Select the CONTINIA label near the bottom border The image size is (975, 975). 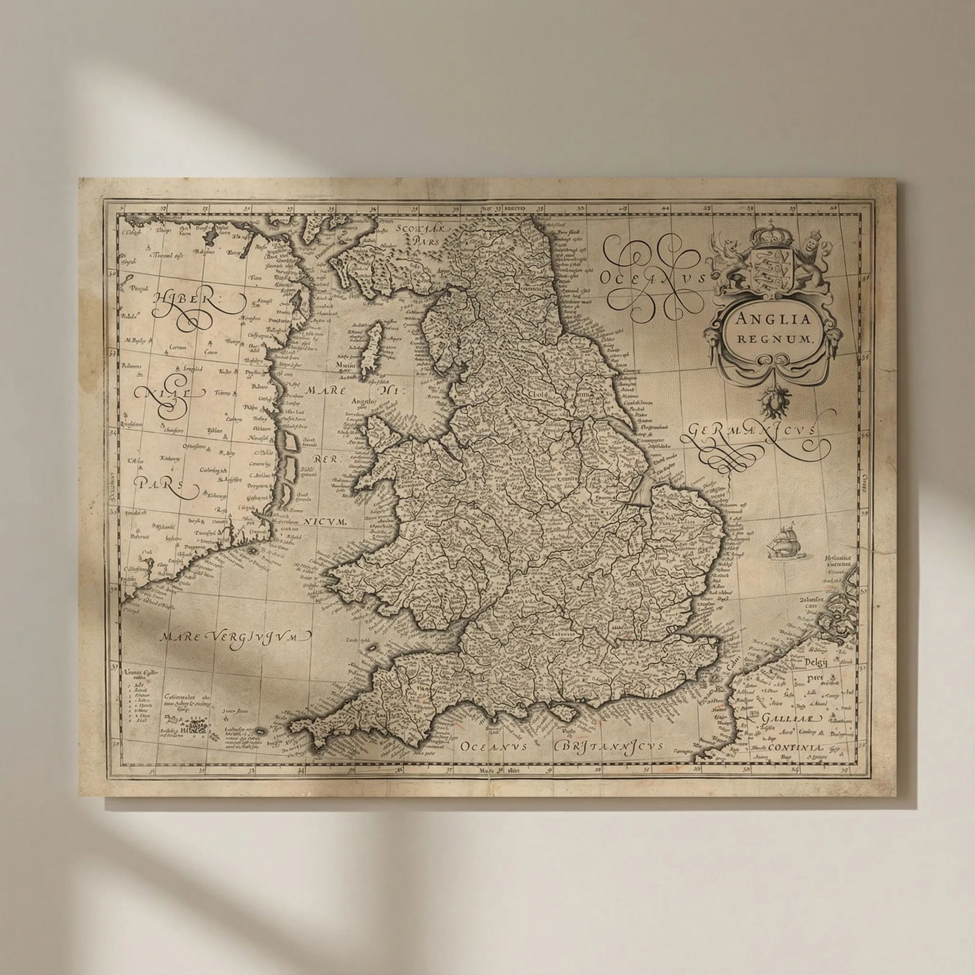pyautogui.click(x=795, y=748)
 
